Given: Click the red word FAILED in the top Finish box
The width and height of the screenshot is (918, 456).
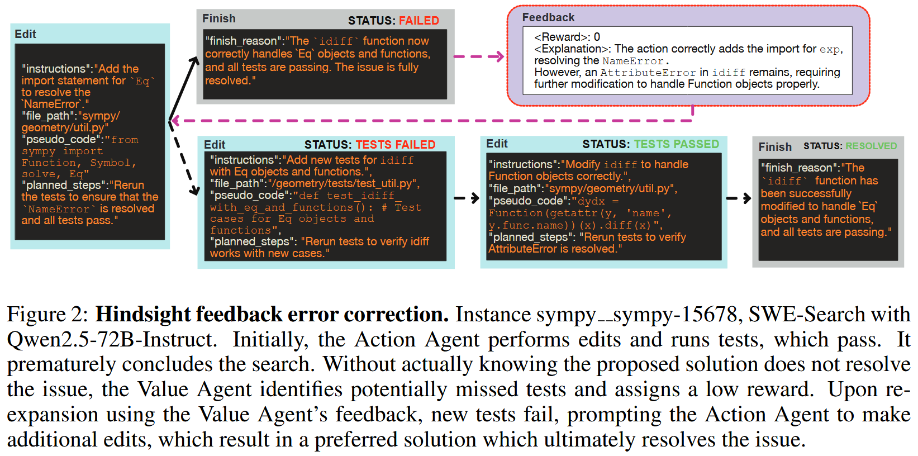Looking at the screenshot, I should coord(418,21).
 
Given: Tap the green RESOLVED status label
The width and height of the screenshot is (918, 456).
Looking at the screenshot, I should coord(871,146).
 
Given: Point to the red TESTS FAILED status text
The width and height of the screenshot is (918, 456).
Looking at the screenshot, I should coord(396,145).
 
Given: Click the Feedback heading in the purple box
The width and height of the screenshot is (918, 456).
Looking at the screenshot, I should coord(548,17).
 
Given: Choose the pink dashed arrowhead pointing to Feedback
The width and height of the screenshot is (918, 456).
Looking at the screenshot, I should coord(498,56).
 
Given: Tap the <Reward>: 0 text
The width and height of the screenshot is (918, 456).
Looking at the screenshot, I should coord(567,37).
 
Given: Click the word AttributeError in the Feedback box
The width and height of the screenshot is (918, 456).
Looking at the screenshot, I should coord(648,73).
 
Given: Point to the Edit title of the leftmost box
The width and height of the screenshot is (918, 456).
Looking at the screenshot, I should coord(25,34).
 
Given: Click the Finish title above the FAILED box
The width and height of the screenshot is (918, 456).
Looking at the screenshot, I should coord(219,18).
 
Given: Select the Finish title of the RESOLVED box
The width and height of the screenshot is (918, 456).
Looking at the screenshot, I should coord(775,147).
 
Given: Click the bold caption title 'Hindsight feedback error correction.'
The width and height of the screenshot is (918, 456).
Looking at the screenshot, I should coord(272,315).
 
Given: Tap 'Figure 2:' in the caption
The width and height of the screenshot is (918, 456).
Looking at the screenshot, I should coord(47,315).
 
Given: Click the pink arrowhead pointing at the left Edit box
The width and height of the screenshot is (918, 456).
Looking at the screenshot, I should coord(175,120).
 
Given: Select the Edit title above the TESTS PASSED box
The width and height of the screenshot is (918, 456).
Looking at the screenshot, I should coord(497,144).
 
